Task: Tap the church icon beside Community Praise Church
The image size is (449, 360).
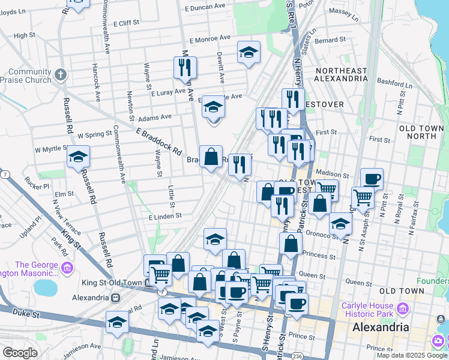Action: click(x=60, y=75)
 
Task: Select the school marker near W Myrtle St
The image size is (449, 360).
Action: click(x=78, y=157)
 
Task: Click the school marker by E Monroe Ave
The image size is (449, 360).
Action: click(x=248, y=53)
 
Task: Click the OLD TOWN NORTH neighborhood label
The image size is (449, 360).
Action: click(x=421, y=132)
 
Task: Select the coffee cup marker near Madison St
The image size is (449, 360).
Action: click(x=372, y=179)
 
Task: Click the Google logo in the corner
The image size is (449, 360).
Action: click(x=20, y=353)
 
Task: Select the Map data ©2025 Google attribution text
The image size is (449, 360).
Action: click(x=411, y=355)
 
